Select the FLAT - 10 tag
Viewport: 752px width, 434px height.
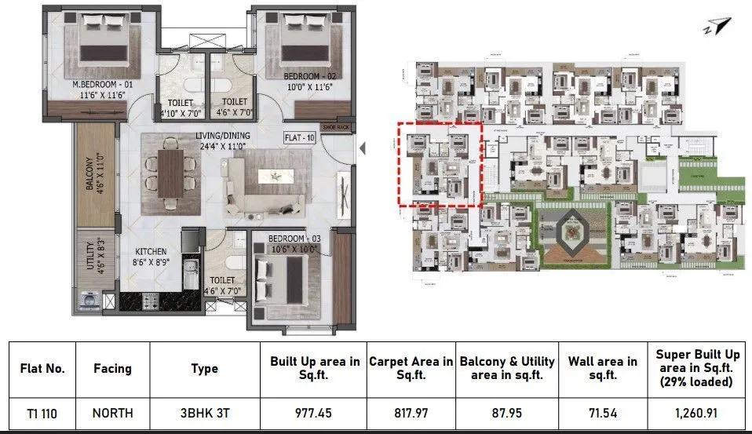[x=299, y=138]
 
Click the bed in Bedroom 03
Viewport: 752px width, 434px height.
[x=286, y=276]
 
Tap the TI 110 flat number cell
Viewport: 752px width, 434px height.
[x=38, y=412]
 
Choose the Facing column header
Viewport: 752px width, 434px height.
[x=112, y=368]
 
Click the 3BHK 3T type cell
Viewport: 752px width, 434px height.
[x=204, y=412]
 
